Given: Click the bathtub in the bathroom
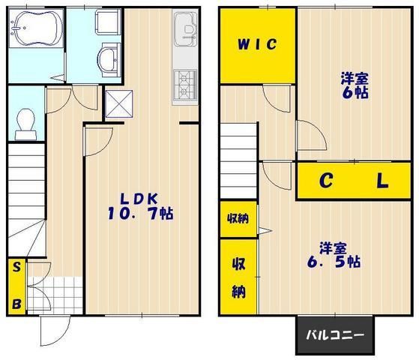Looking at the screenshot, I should click(x=36, y=31).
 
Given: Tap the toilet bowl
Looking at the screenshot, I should click(x=26, y=122).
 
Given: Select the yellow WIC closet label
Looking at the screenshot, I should click(x=258, y=44).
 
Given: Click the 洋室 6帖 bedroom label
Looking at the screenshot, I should click(x=354, y=85).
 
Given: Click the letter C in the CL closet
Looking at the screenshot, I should click(x=327, y=181).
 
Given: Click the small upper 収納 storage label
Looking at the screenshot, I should click(x=238, y=219).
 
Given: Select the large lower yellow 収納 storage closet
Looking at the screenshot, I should click(x=238, y=276).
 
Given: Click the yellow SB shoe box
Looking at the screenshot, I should click(x=16, y=285).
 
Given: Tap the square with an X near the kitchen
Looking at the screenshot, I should click(x=120, y=103).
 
